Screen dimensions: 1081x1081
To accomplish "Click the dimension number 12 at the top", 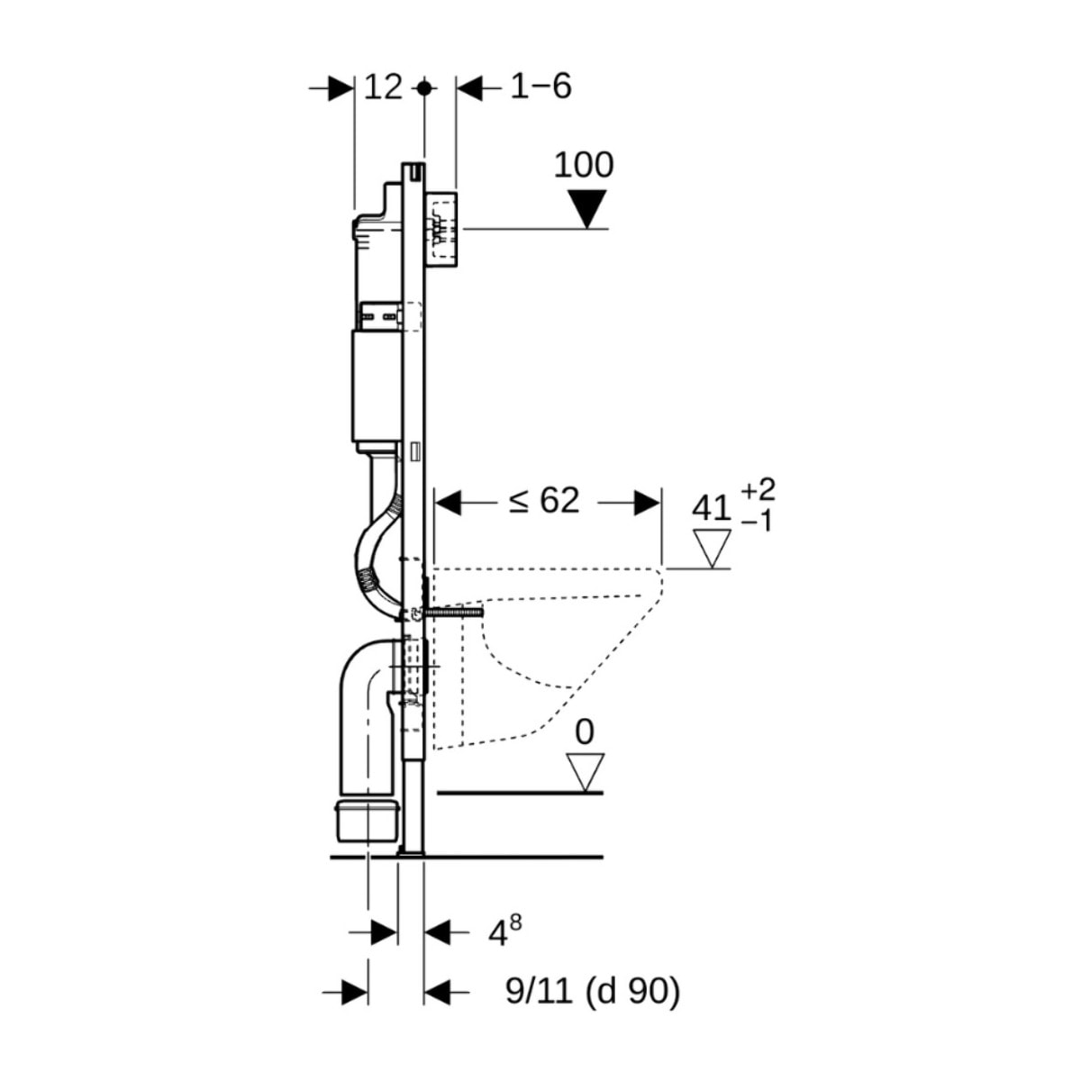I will pos(383,87).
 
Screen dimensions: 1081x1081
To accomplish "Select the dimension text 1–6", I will pos(540,86).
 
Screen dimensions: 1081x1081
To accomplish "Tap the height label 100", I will pos(583,165).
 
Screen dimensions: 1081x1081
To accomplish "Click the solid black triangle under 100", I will pos(588,209).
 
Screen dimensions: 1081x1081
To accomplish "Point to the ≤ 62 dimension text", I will pos(543,501).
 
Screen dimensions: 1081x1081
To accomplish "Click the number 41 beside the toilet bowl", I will pos(711,508).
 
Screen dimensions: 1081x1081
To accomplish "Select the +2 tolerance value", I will pos(758,490).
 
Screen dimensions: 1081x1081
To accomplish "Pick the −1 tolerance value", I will pos(758,521).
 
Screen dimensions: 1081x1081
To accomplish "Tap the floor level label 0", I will pos(585,732).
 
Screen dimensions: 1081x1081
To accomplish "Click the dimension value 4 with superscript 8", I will pos(504,932).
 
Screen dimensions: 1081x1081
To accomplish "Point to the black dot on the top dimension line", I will pos(424,88).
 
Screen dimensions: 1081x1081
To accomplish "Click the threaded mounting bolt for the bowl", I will pos(455,613).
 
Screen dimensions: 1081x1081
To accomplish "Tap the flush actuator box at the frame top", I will pos(442,229).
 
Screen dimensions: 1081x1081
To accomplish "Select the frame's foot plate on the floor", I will pos(411,851).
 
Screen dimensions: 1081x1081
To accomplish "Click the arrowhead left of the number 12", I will pos(341,88).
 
